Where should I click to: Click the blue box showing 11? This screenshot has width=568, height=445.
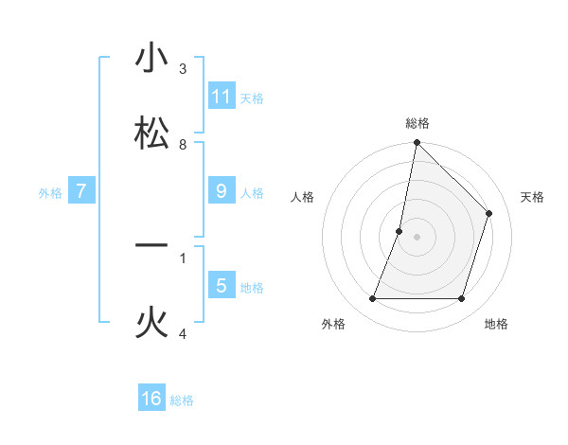click(x=222, y=97)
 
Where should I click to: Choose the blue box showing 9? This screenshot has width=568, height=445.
click(x=222, y=191)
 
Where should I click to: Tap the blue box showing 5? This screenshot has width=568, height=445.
click(x=222, y=285)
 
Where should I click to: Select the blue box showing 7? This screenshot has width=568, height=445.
click(x=81, y=191)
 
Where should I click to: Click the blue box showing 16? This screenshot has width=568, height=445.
click(x=151, y=399)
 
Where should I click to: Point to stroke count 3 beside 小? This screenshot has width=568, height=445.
click(x=183, y=69)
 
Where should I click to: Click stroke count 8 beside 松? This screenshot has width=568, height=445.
click(x=183, y=145)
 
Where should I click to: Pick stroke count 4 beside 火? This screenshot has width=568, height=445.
click(x=183, y=334)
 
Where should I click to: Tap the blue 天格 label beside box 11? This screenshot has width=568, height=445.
click(x=252, y=98)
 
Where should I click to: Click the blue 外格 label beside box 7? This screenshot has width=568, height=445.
click(x=50, y=192)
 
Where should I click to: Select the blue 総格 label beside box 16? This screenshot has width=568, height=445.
click(x=182, y=400)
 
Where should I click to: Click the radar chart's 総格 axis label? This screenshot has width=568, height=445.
click(x=417, y=123)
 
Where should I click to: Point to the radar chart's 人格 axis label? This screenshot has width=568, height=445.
click(x=303, y=197)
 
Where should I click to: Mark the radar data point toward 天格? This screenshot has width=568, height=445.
click(x=489, y=213)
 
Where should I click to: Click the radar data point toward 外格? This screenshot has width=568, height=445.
click(x=373, y=299)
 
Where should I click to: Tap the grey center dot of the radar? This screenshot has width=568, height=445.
click(x=417, y=237)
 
